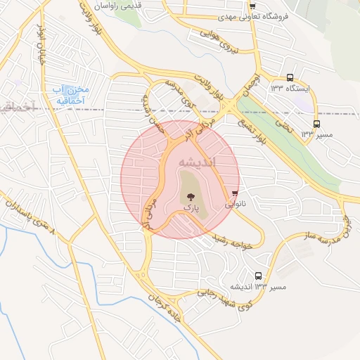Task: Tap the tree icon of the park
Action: (188, 197)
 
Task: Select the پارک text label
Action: (188, 208)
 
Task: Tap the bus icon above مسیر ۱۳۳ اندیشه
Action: (259, 276)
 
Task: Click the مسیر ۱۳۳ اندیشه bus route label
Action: (259, 288)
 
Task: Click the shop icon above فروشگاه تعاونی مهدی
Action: (252, 6)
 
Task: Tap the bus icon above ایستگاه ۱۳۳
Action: (290, 78)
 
